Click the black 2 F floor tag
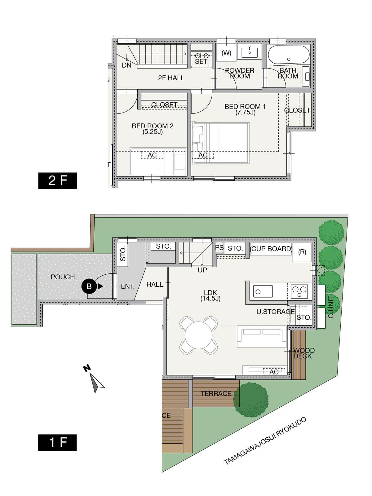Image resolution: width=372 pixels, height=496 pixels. click(x=58, y=180)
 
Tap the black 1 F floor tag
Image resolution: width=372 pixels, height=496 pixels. click(x=57, y=442)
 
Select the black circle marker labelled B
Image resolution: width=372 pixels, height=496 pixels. click(x=89, y=286)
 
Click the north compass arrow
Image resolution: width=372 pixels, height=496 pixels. click(x=97, y=382)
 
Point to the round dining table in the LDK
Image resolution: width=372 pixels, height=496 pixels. click(x=198, y=335)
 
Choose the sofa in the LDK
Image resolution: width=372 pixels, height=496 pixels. click(x=262, y=336)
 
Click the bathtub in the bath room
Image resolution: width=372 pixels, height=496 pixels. click(x=289, y=55)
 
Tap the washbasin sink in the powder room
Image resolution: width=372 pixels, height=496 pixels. click(x=249, y=53)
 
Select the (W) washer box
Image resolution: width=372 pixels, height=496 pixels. click(x=226, y=52)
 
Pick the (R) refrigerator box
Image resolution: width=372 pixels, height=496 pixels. click(x=302, y=252)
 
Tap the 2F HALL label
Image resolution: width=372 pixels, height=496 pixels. click(x=171, y=78)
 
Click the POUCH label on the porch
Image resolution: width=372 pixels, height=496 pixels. click(x=63, y=277)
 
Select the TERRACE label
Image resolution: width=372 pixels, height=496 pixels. click(x=216, y=394)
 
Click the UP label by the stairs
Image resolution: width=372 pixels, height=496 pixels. click(x=202, y=270)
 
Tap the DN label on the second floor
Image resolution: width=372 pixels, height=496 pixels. click(x=126, y=65)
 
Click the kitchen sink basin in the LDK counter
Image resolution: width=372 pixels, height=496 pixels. click(x=263, y=291)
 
